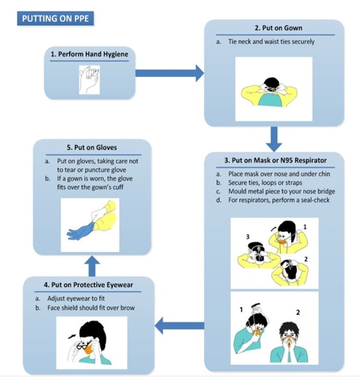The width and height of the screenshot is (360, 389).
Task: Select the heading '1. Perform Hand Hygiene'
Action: (x=89, y=55)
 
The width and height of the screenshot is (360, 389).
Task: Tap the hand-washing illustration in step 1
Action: (x=90, y=79)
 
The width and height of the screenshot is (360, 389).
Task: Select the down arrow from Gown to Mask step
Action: (x=275, y=139)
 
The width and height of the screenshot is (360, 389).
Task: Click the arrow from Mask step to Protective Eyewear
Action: (x=179, y=325)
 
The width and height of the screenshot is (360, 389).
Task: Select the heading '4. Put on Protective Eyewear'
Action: (x=89, y=285)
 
